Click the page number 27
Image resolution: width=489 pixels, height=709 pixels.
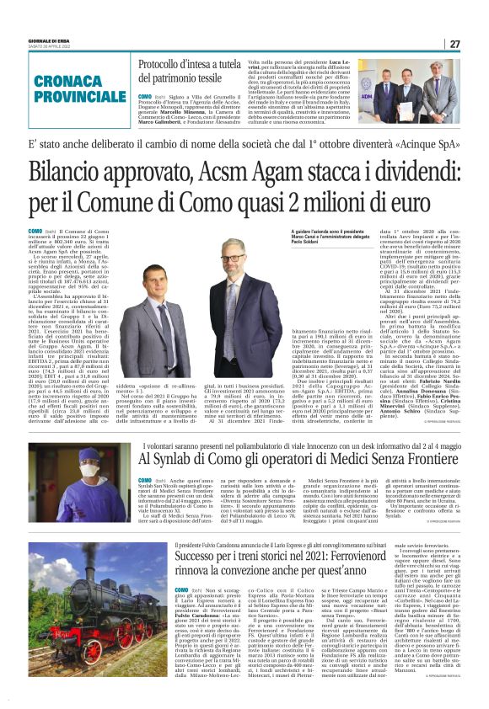454,44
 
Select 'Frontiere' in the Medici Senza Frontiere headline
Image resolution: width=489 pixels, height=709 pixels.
423,459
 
